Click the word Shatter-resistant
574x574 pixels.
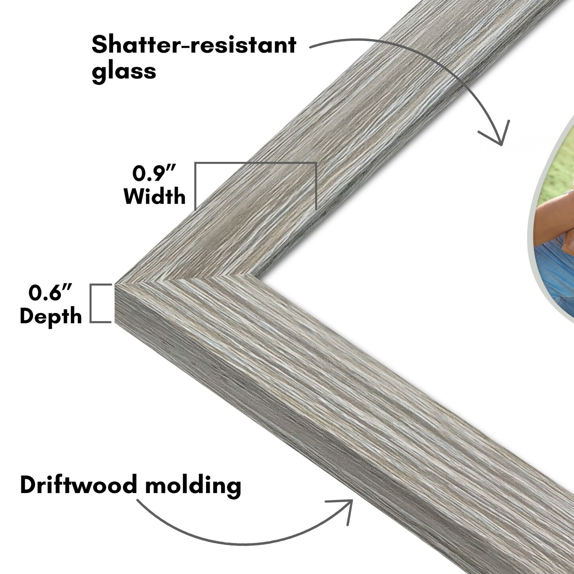point(194,45)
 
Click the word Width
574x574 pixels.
point(155,197)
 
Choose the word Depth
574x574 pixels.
point(51,316)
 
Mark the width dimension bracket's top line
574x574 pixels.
point(255,163)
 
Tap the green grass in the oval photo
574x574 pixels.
point(558,159)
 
